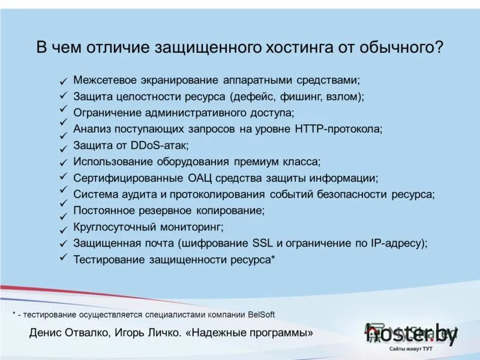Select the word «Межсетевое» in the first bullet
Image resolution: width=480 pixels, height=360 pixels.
[104, 80]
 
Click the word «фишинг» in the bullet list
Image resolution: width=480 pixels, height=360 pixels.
[295, 96]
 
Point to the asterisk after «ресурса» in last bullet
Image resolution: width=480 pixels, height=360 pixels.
[273, 258]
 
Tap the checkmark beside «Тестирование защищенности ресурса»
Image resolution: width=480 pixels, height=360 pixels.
[63, 257]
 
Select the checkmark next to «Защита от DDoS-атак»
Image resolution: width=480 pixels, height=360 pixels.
[63, 148]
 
